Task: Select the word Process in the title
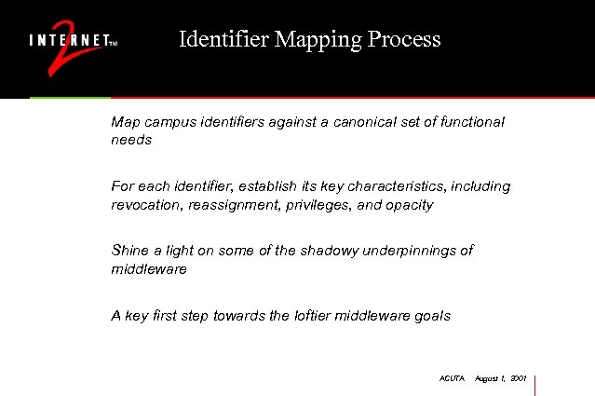pos(403,40)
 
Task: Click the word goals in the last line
pos(431,315)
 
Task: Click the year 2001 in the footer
pos(519,379)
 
